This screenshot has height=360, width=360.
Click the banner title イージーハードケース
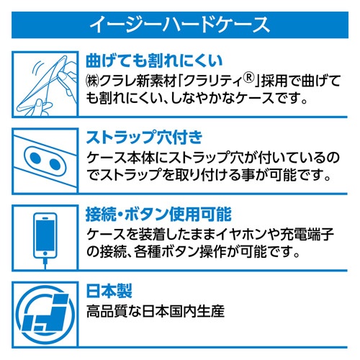[x=180, y=24]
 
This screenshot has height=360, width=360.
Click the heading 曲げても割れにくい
[x=154, y=60]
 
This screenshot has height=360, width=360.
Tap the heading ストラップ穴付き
[x=144, y=138]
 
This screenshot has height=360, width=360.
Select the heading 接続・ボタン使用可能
[x=158, y=214]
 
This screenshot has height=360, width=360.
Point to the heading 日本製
[x=109, y=291]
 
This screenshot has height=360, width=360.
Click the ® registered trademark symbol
[x=249, y=78]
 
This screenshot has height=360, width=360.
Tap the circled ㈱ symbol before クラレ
[x=92, y=81]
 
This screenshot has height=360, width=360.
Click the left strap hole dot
[x=36, y=158]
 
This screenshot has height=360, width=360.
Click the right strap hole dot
[x=55, y=164]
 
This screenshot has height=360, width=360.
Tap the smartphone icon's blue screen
[x=45, y=235]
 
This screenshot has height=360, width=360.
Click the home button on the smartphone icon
[x=45, y=253]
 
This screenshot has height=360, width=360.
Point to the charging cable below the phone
[x=45, y=264]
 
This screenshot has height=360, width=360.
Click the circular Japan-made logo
[x=45, y=315]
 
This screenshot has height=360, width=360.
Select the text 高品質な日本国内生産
[x=156, y=311]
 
